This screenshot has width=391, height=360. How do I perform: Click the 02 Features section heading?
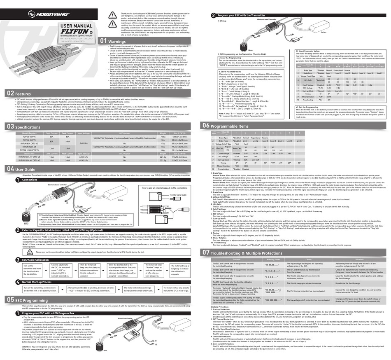22,94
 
